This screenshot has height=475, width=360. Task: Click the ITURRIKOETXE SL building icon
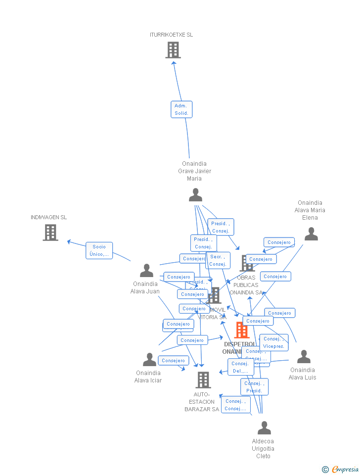point(173,50)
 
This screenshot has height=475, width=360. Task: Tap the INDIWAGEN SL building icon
point(50,232)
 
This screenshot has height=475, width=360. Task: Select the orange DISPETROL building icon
point(242,330)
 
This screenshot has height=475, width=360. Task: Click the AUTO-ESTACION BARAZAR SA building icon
point(203,380)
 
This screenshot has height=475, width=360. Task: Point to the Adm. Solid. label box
point(181,109)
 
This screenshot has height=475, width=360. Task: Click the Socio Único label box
point(99,250)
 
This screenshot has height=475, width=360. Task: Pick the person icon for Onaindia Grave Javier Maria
point(195,195)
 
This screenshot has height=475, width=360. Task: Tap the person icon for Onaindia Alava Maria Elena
point(311,234)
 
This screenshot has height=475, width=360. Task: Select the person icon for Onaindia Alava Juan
point(146,270)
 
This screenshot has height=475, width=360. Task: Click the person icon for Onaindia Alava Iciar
point(149,360)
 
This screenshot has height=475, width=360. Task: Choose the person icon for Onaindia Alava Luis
point(304,357)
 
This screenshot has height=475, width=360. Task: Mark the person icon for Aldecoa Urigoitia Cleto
point(264,428)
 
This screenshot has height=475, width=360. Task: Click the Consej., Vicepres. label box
point(273,342)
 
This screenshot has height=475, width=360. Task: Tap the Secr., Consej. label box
point(218,260)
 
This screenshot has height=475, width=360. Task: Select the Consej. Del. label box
point(241,367)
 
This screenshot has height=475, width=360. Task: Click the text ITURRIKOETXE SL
point(172,35)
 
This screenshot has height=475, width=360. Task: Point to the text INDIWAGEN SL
point(48,217)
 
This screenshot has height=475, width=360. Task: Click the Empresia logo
point(341,469)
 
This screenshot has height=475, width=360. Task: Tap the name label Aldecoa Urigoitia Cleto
point(263,449)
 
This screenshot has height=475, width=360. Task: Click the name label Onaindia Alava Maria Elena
point(310,210)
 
